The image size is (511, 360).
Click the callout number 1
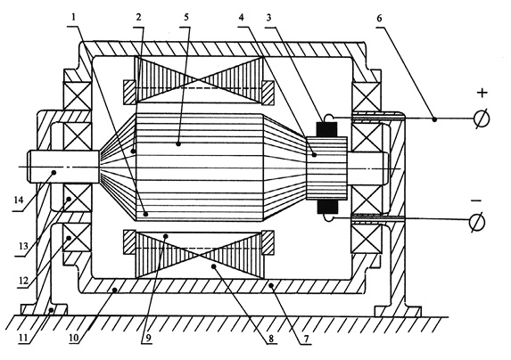(74, 17)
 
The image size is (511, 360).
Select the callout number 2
(139, 17)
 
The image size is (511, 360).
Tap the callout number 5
(186, 17)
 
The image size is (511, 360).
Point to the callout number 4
(242, 17)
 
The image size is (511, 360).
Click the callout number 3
(268, 18)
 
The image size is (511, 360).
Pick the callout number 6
(379, 18)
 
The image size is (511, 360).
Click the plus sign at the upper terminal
(482, 93)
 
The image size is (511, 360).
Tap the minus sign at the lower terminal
(476, 200)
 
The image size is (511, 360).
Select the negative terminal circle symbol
(477, 223)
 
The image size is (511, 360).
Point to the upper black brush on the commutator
(326, 129)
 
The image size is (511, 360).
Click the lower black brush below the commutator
(326, 207)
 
